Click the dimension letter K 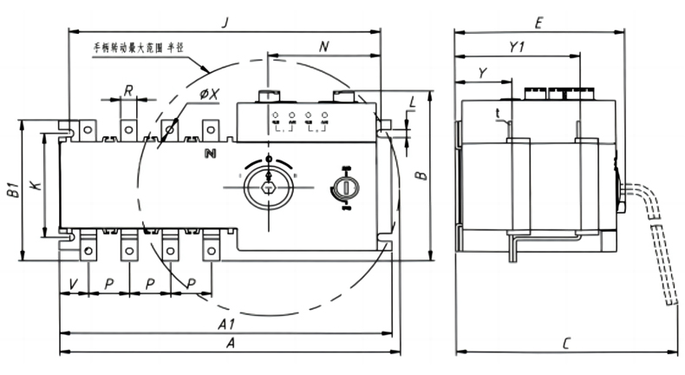point(33,184)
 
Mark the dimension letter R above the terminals point(127,89)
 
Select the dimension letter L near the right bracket point(412,103)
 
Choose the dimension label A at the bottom point(231,344)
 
